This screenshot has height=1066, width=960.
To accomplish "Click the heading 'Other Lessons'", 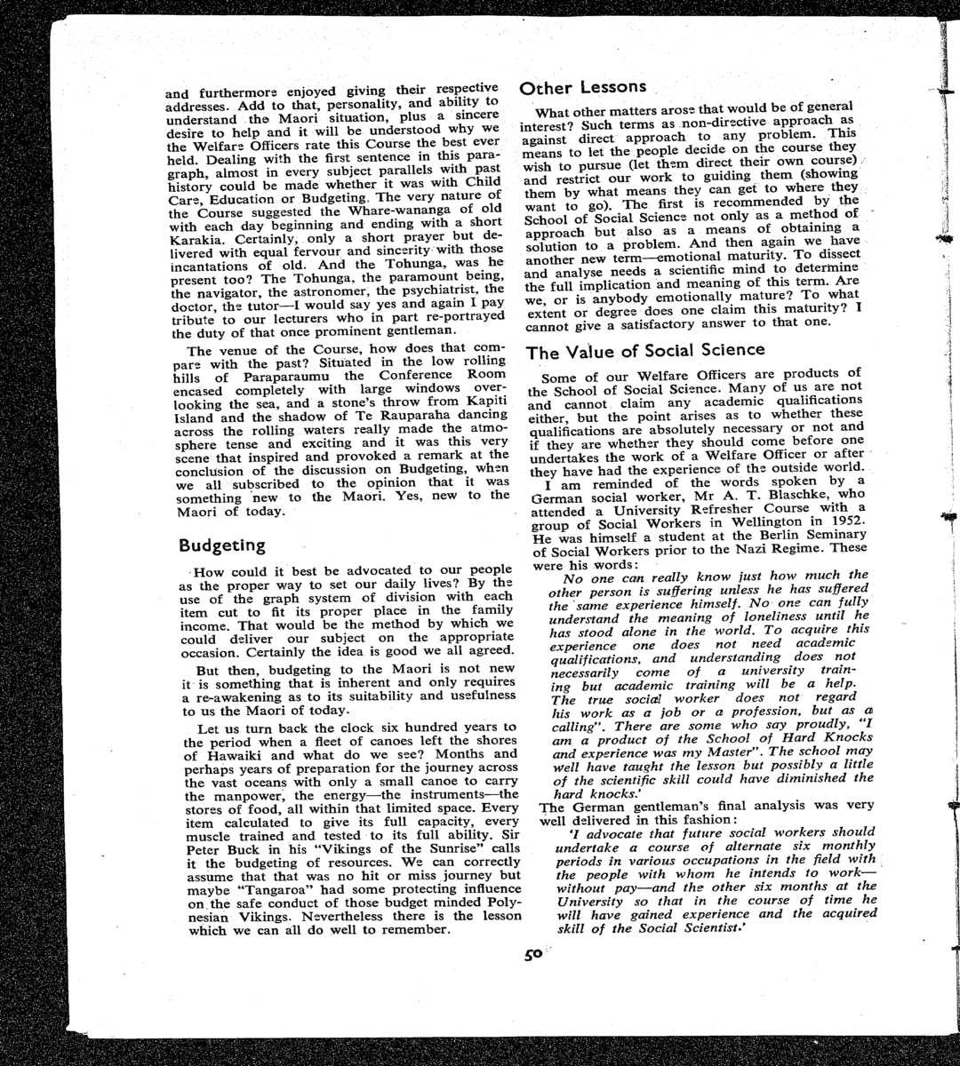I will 582,87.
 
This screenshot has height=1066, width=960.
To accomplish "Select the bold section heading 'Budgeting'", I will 222,545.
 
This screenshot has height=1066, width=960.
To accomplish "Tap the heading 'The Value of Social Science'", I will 645,351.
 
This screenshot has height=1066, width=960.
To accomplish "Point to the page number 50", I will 532,956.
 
